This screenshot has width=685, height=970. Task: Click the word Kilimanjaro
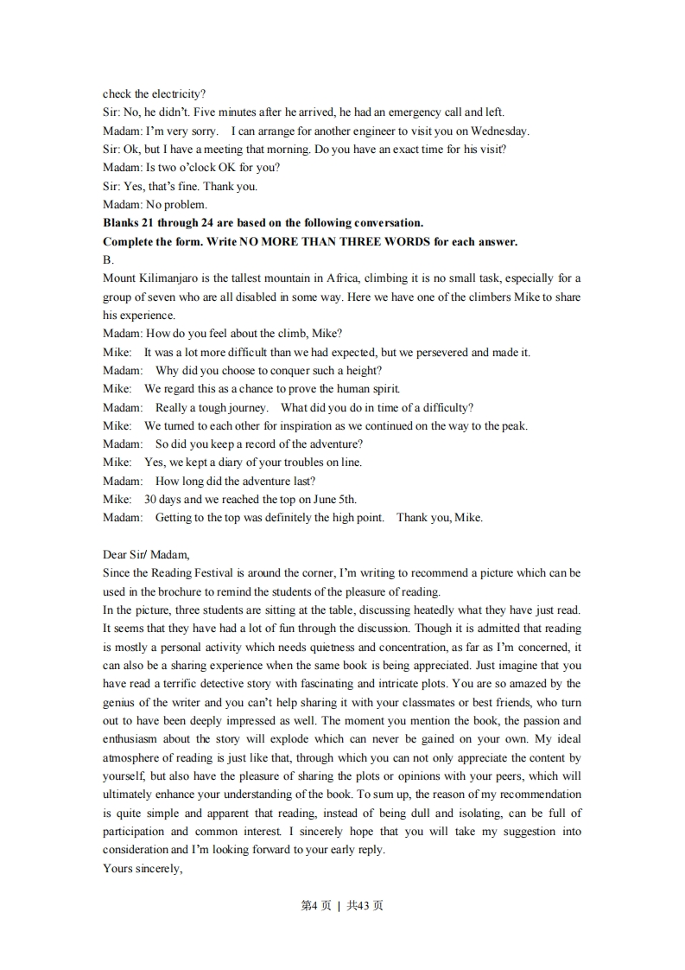[169, 278]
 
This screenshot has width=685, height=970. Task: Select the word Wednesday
[501, 131]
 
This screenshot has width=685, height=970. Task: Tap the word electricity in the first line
[179, 93]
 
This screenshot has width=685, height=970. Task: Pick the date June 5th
[334, 500]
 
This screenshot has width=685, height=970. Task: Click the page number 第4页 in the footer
[315, 906]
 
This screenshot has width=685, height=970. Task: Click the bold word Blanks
[120, 223]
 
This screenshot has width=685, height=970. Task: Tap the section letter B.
[108, 260]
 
